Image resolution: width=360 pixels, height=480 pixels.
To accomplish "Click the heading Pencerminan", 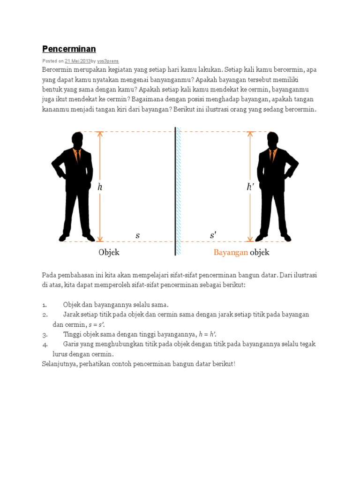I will (x=69, y=49).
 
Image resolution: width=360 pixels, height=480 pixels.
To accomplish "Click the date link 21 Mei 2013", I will (x=77, y=61).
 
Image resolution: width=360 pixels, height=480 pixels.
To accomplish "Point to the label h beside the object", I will (x=100, y=187).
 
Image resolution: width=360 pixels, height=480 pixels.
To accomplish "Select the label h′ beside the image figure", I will (x=250, y=187).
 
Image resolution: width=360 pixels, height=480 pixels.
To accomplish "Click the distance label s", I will (x=137, y=235).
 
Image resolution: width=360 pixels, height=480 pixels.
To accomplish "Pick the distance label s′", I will (x=213, y=235).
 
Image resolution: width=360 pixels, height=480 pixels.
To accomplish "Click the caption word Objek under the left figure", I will (x=109, y=252).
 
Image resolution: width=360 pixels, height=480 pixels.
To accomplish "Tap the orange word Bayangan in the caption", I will (x=231, y=252).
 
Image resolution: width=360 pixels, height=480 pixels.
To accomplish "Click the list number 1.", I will (x=45, y=305).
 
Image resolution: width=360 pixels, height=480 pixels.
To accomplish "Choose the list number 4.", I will (x=45, y=345).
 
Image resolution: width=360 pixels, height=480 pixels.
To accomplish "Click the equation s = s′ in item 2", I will (x=97, y=324).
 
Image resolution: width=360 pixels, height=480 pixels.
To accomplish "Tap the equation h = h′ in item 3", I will (x=207, y=334).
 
